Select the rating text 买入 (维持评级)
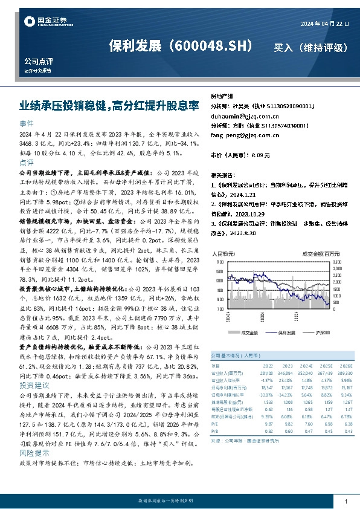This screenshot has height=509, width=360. point(310,47)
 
